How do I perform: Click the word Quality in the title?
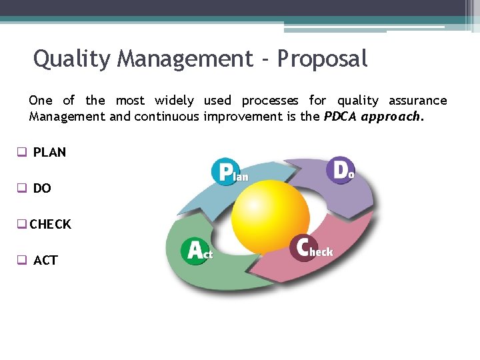pyautogui.click(x=73, y=59)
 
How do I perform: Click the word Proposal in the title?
pyautogui.click(x=322, y=59)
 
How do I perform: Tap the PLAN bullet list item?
pyautogui.click(x=49, y=152)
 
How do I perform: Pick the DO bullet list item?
pyautogui.click(x=42, y=189)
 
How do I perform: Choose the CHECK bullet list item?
pyautogui.click(x=50, y=225)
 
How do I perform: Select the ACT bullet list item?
pyautogui.click(x=45, y=261)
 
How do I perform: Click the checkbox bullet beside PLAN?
pyautogui.click(x=22, y=152)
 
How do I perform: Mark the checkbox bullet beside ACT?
pyautogui.click(x=22, y=261)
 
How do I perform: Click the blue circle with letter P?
pyautogui.click(x=225, y=171)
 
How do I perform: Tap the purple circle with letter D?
pyautogui.click(x=340, y=170)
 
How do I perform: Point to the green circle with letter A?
pyautogui.click(x=195, y=251)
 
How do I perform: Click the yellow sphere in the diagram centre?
pyautogui.click(x=270, y=215)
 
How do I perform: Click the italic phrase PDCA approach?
pyautogui.click(x=373, y=117)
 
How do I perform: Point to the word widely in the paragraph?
pyautogui.click(x=174, y=101)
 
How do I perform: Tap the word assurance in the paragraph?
pyautogui.click(x=417, y=101)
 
